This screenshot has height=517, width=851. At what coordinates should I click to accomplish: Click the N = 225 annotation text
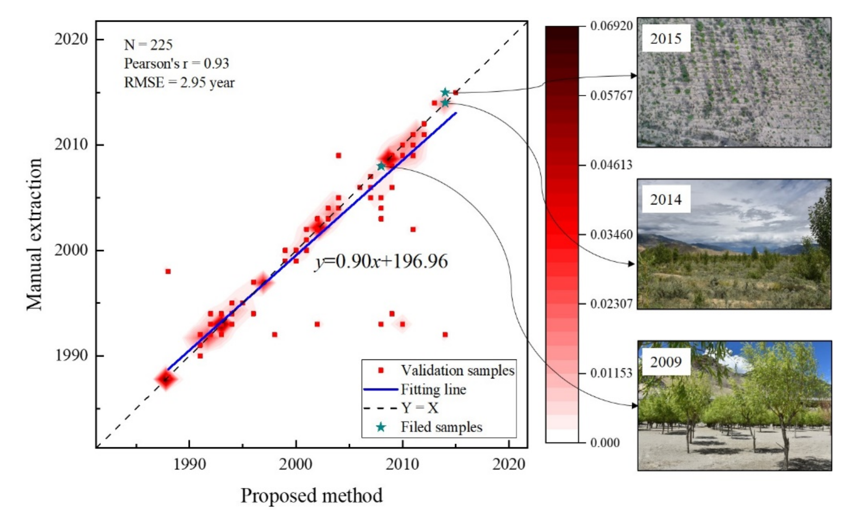click(148, 45)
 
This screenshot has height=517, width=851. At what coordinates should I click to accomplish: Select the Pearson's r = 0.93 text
click(176, 63)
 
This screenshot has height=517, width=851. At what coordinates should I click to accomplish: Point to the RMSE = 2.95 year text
click(179, 82)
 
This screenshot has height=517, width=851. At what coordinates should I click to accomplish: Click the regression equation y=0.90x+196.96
click(381, 262)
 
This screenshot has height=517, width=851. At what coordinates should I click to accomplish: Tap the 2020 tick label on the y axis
click(71, 39)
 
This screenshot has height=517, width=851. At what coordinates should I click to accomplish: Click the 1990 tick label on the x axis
click(189, 464)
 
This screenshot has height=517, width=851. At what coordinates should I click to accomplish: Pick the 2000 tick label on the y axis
click(71, 250)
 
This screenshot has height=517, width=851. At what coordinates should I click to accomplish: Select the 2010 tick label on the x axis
click(402, 464)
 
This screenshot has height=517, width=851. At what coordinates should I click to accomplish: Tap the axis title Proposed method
click(312, 496)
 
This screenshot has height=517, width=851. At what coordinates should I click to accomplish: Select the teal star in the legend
click(381, 427)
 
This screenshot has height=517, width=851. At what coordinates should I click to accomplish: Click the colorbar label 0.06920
click(611, 26)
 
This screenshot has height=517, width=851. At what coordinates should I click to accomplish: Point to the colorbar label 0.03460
click(611, 235)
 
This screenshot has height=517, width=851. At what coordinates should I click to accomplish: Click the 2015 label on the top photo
click(665, 38)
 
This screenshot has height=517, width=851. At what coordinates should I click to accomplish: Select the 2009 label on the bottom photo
click(665, 362)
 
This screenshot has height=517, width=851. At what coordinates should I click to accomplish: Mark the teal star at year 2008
click(381, 166)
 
